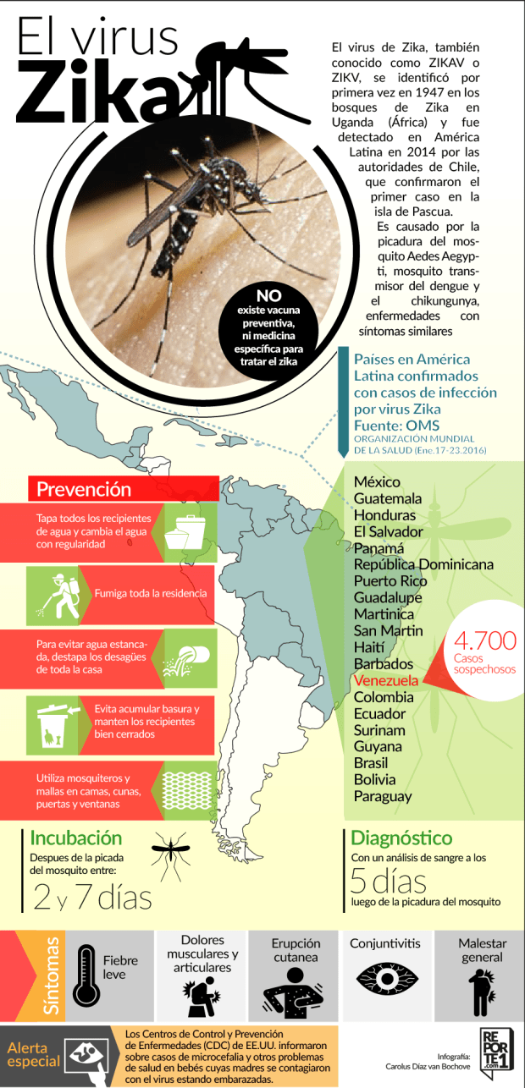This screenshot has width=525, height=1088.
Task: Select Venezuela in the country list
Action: point(385,680)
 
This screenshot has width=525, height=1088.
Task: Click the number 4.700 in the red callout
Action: point(485,640)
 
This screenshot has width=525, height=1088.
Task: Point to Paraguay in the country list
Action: point(383,796)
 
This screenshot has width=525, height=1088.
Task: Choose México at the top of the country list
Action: point(377,481)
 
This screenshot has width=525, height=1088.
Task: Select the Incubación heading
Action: point(76,838)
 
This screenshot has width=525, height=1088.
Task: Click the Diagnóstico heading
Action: point(401,838)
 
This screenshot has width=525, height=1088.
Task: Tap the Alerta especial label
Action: point(35,1054)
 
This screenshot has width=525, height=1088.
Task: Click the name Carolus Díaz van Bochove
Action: point(421,1067)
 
